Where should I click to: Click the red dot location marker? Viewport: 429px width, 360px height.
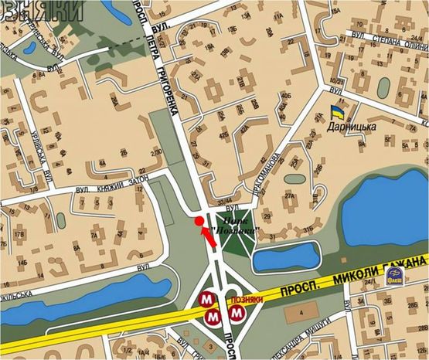199,221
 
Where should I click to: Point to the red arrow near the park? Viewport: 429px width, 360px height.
207,234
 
